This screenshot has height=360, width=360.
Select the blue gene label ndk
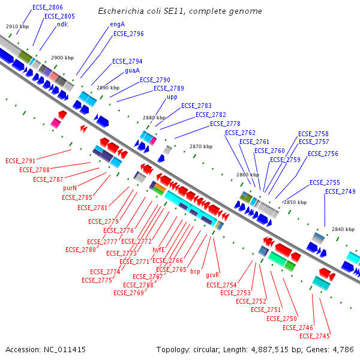point(62,25)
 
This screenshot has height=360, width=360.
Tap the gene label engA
point(117,25)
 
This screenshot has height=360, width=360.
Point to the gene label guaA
point(133,70)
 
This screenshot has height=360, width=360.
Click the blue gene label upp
point(172,97)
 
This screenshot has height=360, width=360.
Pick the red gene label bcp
point(195,271)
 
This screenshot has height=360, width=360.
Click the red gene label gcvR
point(213,275)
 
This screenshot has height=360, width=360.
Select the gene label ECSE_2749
point(340,191)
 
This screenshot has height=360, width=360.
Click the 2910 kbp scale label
point(17,27)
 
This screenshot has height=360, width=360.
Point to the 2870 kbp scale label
point(200,146)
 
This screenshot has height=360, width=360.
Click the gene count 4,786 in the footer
point(343,349)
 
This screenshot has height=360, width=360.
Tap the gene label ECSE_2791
point(20,161)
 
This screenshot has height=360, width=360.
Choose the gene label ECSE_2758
point(313,134)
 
